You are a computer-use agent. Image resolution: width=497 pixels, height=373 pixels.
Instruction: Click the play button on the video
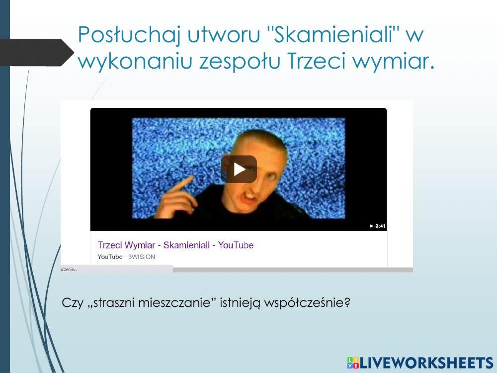[239, 169]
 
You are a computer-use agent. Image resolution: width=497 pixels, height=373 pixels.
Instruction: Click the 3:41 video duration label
[378, 226]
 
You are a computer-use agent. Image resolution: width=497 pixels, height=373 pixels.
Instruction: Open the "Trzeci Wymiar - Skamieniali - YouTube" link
[175, 245]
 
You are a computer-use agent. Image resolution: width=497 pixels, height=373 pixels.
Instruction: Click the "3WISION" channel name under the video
[142, 257]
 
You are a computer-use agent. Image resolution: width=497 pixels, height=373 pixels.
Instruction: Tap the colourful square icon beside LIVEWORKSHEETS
[353, 363]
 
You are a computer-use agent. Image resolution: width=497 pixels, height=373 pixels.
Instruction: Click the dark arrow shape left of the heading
[37, 52]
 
